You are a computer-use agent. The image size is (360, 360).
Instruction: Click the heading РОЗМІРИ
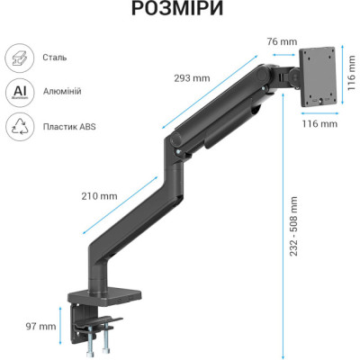(179, 11)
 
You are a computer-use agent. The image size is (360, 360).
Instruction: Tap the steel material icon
(19, 58)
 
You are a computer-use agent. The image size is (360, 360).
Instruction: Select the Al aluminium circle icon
(19, 93)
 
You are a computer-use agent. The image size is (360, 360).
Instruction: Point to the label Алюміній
(63, 93)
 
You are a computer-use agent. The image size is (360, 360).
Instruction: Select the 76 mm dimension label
(282, 40)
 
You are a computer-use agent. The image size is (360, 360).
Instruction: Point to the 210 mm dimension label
(100, 195)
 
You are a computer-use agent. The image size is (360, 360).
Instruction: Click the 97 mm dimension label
(41, 327)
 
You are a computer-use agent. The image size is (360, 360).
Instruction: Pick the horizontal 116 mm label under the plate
(319, 124)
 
